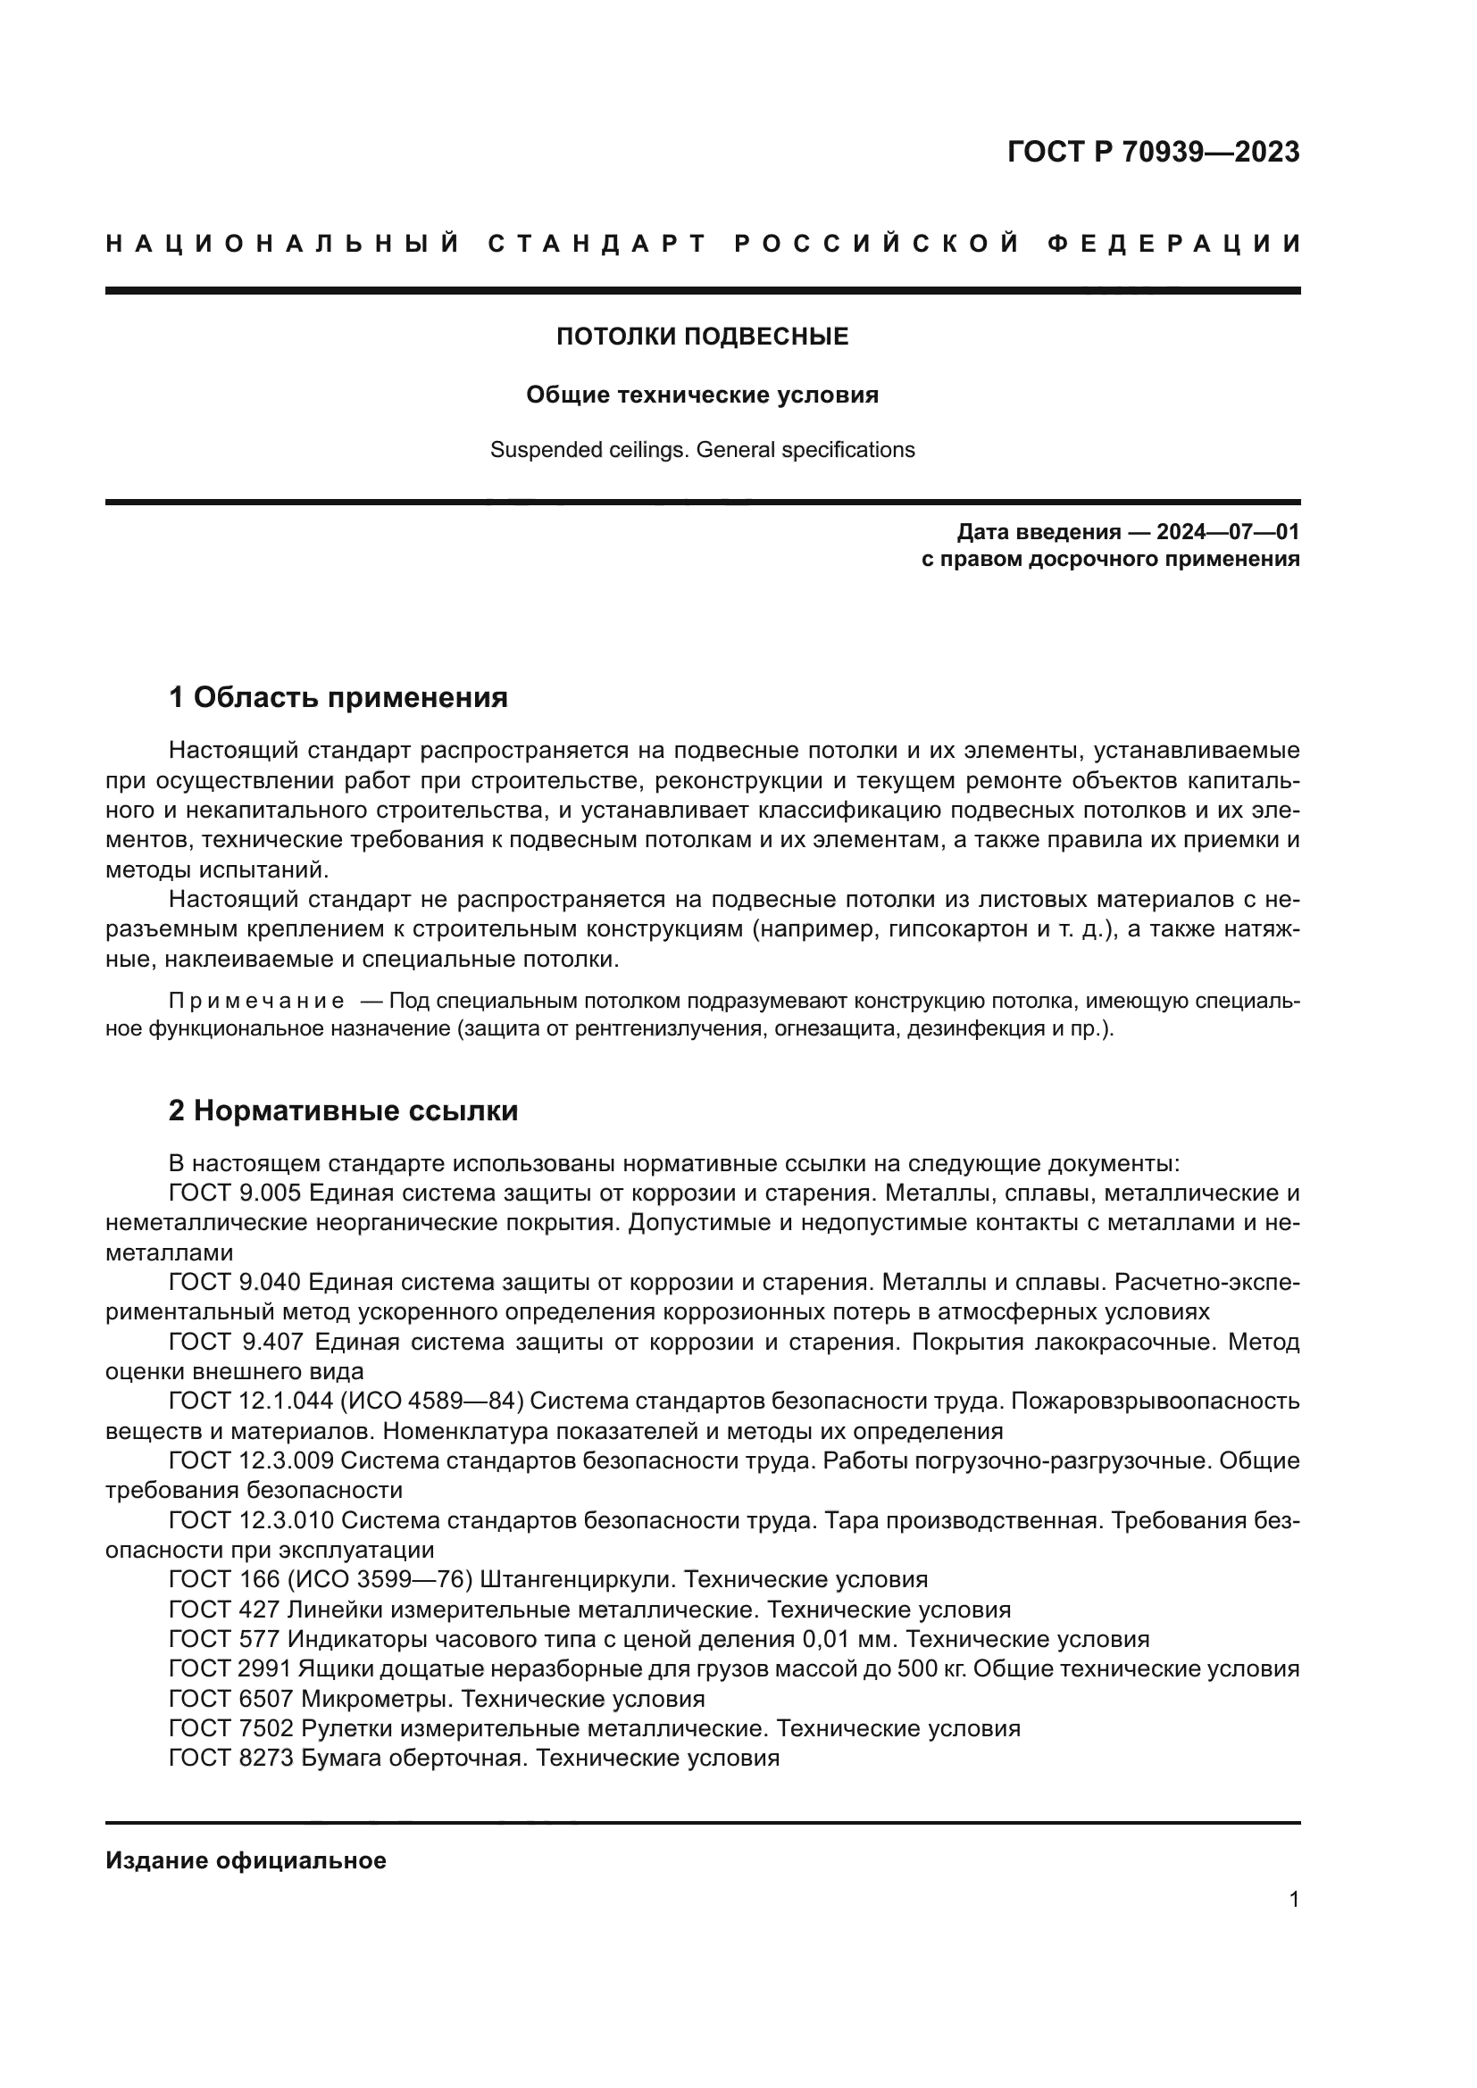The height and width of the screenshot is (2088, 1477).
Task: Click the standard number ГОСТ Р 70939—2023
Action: [1152, 152]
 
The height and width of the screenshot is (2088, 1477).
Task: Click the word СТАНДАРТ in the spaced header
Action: [597, 244]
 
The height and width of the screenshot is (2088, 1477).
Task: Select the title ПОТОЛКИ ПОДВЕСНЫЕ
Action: [702, 337]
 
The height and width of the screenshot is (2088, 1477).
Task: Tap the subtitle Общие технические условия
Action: [702, 395]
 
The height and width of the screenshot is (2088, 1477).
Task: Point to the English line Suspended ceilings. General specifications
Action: [702, 450]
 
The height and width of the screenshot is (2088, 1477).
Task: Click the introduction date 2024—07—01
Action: [1228, 532]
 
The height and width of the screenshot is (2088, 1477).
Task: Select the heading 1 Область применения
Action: [338, 697]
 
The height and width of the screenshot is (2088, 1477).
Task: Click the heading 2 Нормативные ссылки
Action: [343, 1111]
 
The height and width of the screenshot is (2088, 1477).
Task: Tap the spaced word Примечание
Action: [256, 1002]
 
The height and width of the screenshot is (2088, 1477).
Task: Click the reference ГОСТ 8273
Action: [231, 1758]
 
